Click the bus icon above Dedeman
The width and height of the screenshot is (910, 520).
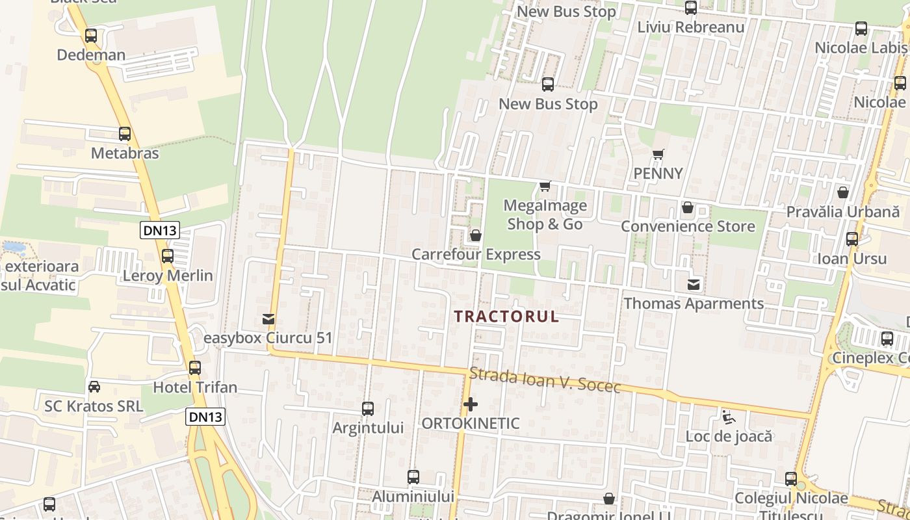91,36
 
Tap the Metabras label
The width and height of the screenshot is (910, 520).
125,153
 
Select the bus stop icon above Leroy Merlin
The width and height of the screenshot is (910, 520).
168,256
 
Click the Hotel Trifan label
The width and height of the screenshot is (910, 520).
195,387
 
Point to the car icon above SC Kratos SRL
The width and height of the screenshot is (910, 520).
94,387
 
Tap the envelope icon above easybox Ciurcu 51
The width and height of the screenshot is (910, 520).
268,319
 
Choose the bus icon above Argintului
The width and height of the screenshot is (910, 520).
368,409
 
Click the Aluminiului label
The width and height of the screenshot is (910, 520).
413,497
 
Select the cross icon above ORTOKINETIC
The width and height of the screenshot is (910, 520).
471,404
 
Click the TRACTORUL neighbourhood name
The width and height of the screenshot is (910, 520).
506,317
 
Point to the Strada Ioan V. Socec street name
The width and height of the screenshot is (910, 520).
545,380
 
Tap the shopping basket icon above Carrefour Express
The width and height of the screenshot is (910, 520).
476,235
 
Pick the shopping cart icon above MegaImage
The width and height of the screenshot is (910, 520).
545,187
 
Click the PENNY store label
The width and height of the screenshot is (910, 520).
658,174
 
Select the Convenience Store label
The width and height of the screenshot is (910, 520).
688,226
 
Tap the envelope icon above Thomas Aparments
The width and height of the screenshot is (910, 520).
694,284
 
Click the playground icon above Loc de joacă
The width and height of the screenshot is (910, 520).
729,417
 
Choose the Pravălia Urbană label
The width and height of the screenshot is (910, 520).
843,212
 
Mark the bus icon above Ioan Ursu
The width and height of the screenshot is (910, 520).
852,239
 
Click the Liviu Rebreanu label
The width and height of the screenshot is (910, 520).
690,27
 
